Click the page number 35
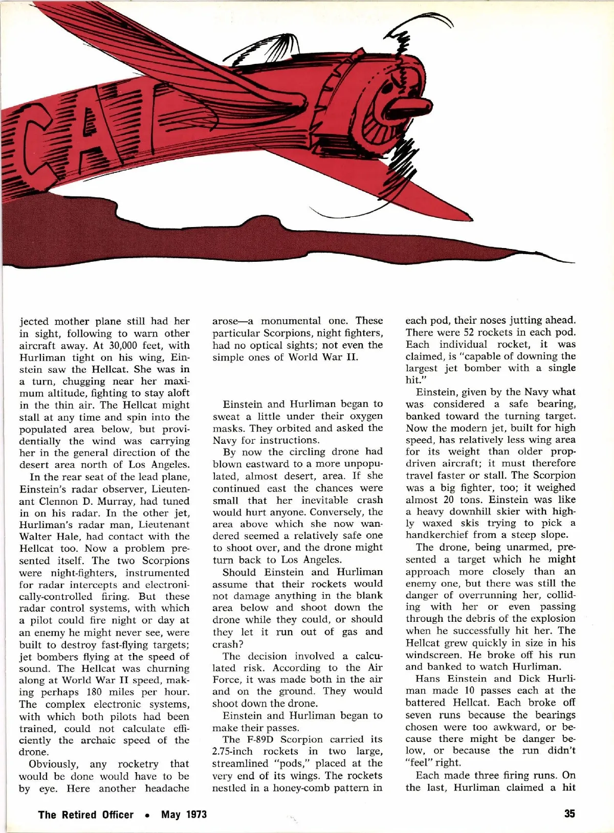click(x=569, y=814)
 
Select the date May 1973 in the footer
click(x=184, y=814)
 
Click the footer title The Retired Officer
click(x=85, y=814)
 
